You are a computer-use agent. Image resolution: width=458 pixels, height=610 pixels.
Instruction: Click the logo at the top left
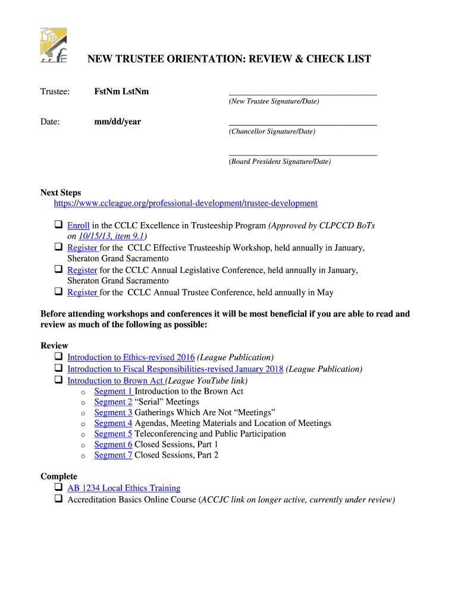pyautogui.click(x=53, y=45)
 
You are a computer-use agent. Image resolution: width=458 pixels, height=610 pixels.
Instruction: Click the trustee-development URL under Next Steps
pyautogui.click(x=186, y=203)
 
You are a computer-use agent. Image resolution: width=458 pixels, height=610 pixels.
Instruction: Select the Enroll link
pyautogui.click(x=79, y=226)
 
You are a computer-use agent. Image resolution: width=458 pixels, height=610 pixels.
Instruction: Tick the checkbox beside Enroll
pyautogui.click(x=59, y=225)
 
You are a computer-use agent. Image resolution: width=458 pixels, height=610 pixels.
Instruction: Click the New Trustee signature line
pyautogui.click(x=302, y=94)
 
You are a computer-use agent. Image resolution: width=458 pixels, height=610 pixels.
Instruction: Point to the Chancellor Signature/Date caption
pyautogui.click(x=272, y=131)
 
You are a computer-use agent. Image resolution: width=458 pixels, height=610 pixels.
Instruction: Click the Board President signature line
pyautogui.click(x=302, y=154)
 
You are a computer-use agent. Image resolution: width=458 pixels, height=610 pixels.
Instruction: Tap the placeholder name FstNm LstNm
pyautogui.click(x=121, y=91)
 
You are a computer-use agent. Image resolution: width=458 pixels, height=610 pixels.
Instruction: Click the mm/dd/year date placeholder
pyautogui.click(x=117, y=122)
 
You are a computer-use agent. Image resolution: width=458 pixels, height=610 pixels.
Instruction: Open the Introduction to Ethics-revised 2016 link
pyautogui.click(x=131, y=357)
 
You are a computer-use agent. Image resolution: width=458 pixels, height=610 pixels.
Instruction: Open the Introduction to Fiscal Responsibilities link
pyautogui.click(x=175, y=369)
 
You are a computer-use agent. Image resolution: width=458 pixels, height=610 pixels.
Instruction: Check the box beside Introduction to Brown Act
pyautogui.click(x=59, y=379)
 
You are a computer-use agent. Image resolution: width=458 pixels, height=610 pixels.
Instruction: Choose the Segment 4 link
pyautogui.click(x=113, y=423)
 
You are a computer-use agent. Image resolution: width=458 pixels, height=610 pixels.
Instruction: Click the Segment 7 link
pyautogui.click(x=113, y=455)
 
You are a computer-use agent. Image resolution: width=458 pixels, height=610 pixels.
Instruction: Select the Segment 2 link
pyautogui.click(x=113, y=402)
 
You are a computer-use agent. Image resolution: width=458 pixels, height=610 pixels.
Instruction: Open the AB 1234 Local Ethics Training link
pyautogui.click(x=124, y=488)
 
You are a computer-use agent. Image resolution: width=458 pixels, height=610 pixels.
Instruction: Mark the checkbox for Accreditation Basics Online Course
pyautogui.click(x=59, y=499)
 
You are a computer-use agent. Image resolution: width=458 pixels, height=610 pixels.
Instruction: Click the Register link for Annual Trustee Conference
pyautogui.click(x=82, y=292)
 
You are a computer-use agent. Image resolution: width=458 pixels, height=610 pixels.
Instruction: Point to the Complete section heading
pyautogui.click(x=59, y=476)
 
